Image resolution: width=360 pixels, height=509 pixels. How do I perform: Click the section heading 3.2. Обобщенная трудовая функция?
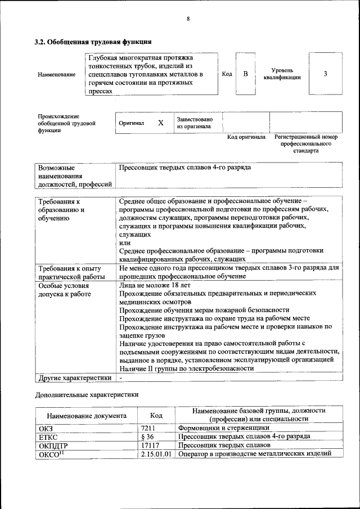point(93,42)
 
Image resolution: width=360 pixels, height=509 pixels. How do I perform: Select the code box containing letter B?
point(245,74)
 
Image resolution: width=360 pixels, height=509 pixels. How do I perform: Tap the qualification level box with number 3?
point(325,74)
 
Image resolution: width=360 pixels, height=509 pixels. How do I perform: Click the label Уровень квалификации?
point(282,74)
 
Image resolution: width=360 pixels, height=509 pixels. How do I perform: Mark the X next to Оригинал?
point(160,123)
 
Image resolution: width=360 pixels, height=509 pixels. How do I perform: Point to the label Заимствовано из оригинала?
point(195,123)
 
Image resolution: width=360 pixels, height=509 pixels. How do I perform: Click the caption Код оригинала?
point(246,137)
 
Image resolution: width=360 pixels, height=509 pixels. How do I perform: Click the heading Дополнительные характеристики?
point(87,395)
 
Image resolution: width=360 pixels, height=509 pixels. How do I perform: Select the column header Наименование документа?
point(87,416)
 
